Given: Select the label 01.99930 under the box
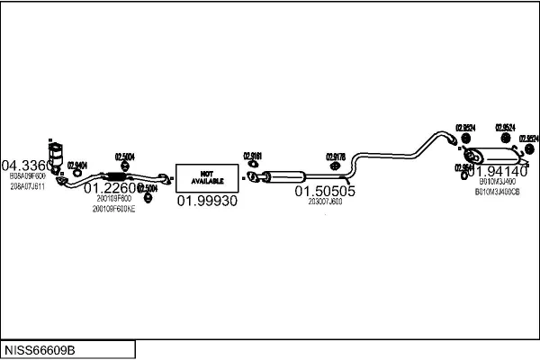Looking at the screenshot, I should coord(207,201).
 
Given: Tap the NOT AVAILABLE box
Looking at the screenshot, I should coord(206,176).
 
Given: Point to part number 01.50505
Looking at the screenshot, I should coord(325,191).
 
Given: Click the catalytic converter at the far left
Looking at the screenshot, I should coord(56,153).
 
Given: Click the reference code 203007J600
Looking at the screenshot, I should coord(325,202).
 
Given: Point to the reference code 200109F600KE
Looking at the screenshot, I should coord(113,209).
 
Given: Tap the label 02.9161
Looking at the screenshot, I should coord(252,155).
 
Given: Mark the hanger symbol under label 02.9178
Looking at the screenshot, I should coord(335,166).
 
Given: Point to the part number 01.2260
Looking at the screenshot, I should coord(109,188).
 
